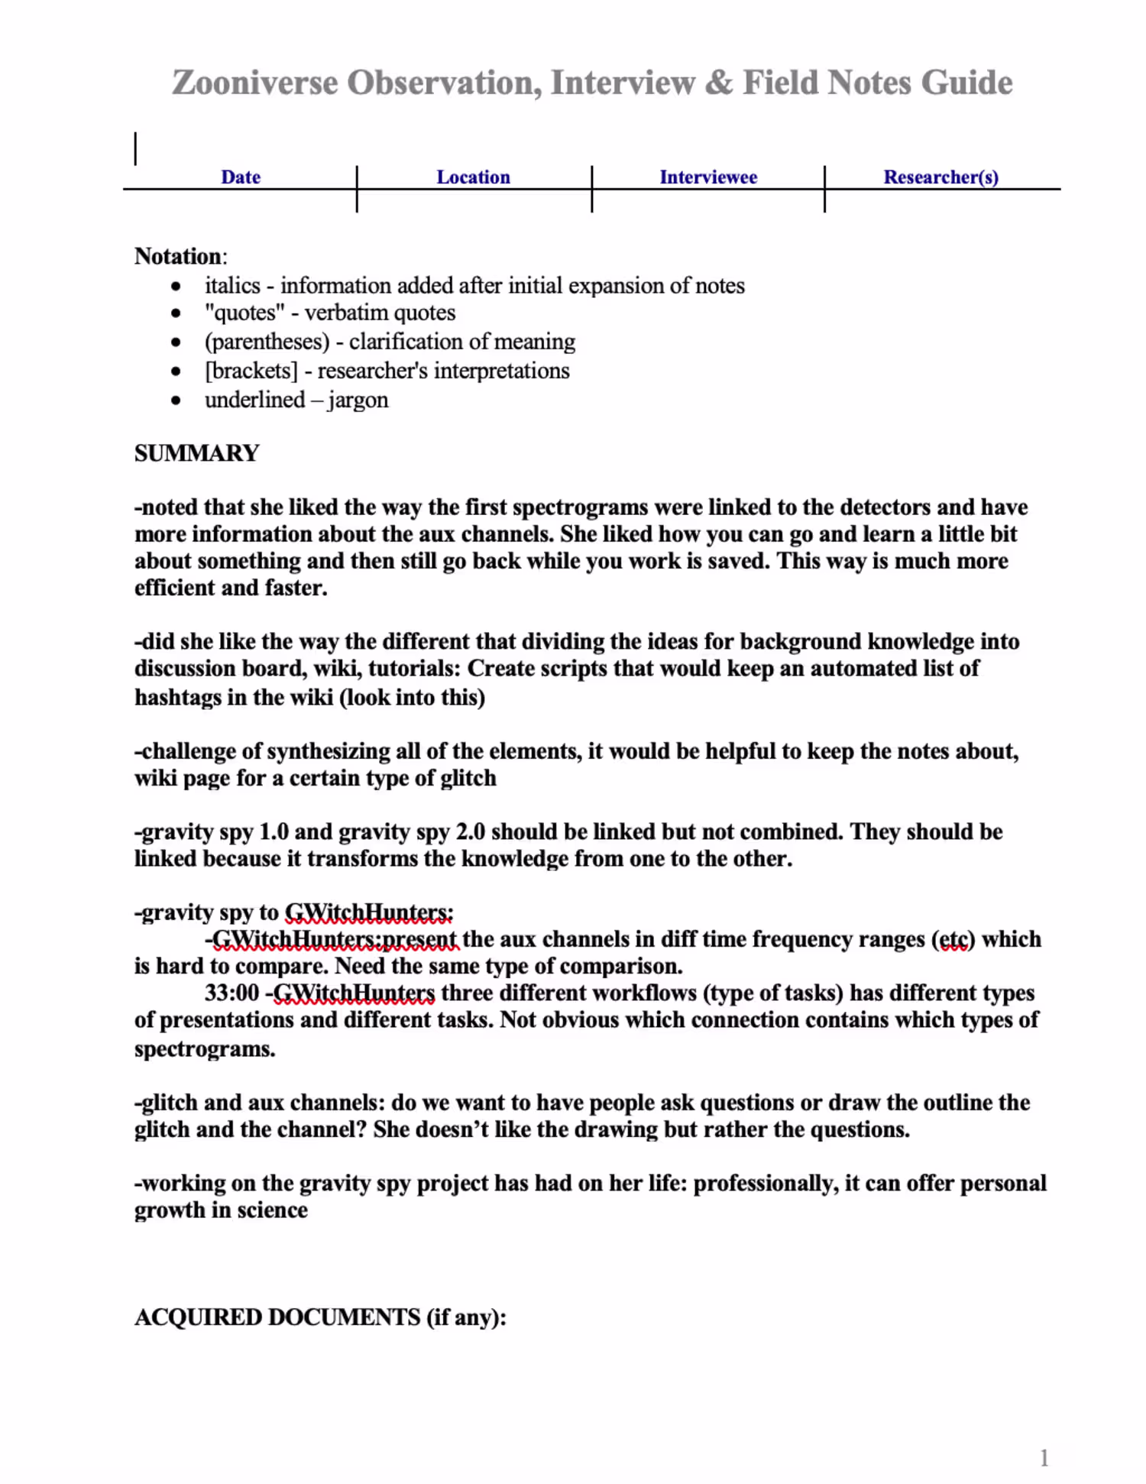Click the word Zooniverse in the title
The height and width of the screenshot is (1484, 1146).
pos(254,83)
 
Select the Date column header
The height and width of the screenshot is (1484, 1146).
pos(241,177)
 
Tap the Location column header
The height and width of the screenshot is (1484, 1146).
pos(473,177)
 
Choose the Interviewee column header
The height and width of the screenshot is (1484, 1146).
pos(708,177)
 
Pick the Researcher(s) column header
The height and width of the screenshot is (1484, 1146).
pos(940,177)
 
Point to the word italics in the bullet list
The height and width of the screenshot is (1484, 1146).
pos(232,286)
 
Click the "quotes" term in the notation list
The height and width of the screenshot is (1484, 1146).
pos(244,313)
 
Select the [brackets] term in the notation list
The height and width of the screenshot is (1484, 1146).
pos(251,371)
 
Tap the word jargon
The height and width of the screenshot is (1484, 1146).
pos(358,400)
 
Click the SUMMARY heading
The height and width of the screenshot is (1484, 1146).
pos(197,453)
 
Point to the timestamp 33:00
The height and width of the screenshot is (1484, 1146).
pos(231,993)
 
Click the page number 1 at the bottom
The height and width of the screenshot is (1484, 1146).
pos(1044,1458)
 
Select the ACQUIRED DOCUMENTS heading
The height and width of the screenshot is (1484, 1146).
pos(277,1317)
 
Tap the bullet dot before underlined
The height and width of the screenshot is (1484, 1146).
pos(176,400)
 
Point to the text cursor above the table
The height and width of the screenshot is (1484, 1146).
pos(136,148)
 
